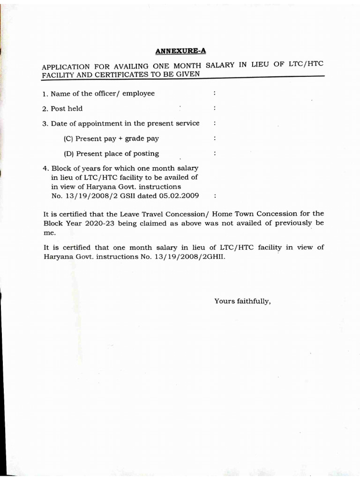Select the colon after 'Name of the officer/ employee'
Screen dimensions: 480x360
pos(214,93)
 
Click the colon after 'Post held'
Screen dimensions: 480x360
pos(214,108)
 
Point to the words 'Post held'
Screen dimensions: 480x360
pos(67,108)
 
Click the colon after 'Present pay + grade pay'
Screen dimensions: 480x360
pos(214,138)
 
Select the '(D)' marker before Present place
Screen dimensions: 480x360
pos(69,153)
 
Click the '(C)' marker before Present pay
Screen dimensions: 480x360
pos(69,138)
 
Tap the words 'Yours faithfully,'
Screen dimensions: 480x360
pos(242,301)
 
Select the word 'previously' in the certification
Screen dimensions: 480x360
pos(293,223)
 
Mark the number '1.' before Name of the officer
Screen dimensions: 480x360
pos(45,93)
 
